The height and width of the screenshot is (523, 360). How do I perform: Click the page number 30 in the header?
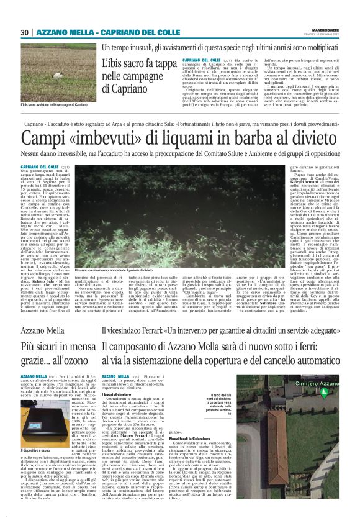coord(25,32)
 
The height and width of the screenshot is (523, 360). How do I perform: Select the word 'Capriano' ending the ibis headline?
coord(124,88)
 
